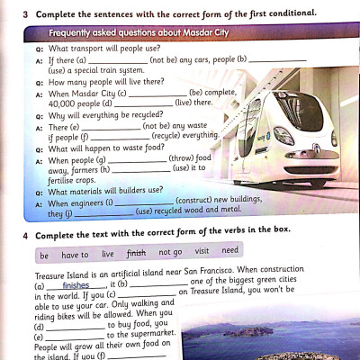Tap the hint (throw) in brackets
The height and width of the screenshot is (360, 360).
click(184, 157)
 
